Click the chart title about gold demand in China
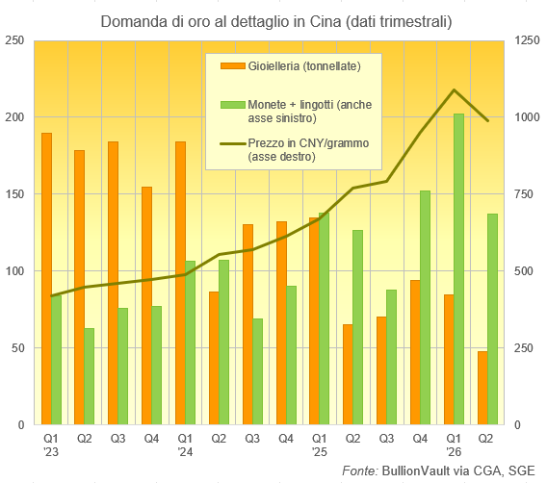tap(276, 21)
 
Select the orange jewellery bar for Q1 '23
tap(47, 278)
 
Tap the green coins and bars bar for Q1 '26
tap(458, 269)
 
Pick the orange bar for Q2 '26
tap(482, 388)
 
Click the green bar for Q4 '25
tap(425, 307)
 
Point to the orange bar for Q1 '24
tap(181, 283)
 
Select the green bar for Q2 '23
tap(90, 376)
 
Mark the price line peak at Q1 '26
tap(454, 89)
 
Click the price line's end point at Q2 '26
tap(487, 120)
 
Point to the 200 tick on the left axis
tap(14, 117)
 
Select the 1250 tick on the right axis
tap(528, 40)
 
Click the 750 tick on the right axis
tap(524, 194)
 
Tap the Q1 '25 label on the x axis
tap(319, 445)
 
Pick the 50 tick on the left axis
tap(17, 347)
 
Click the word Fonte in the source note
tap(359, 470)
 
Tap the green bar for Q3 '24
tap(257, 371)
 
